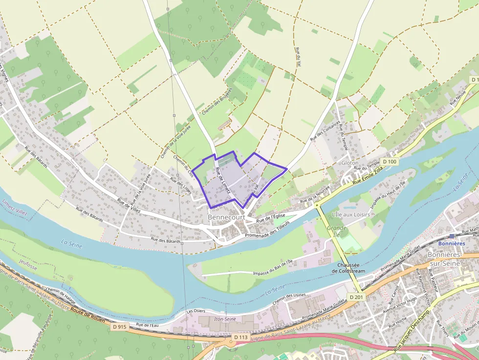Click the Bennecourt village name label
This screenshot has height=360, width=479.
pyautogui.click(x=226, y=216)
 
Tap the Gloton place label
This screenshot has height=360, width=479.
pyautogui.click(x=350, y=163)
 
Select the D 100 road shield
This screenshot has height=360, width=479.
pyautogui.click(x=390, y=162)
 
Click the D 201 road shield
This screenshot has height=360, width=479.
pyautogui.click(x=356, y=297)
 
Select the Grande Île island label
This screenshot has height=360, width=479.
pyautogui.click(x=337, y=231)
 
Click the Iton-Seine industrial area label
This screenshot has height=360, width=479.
pyautogui.click(x=225, y=319)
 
